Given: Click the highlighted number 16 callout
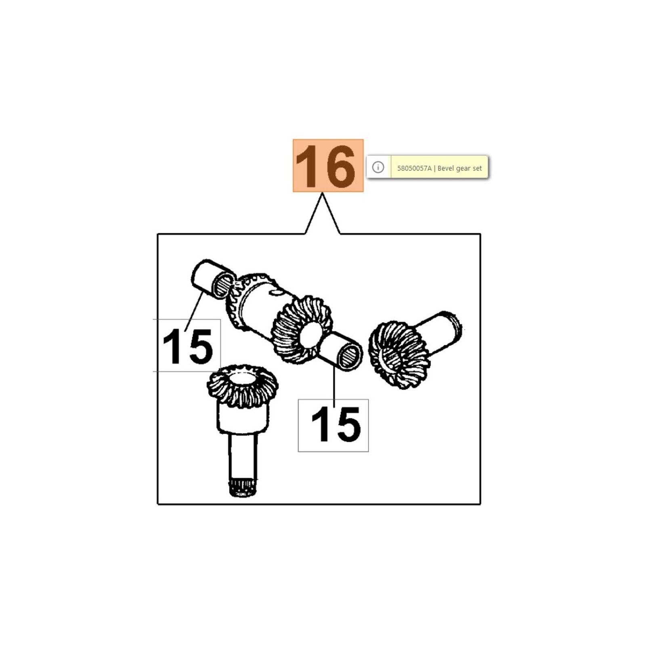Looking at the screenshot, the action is click(x=328, y=166).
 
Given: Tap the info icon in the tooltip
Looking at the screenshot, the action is click(x=378, y=167).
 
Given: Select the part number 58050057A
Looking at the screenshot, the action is click(x=414, y=168).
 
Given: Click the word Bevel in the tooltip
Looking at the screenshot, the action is click(x=446, y=168).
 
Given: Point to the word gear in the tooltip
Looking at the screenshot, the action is click(x=464, y=169).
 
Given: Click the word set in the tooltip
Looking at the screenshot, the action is click(x=477, y=168).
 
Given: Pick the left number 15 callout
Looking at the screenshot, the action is click(x=187, y=346).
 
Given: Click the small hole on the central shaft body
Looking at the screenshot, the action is click(x=275, y=292).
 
